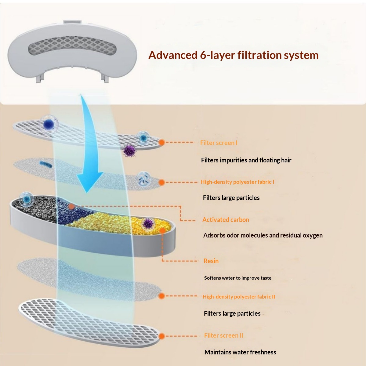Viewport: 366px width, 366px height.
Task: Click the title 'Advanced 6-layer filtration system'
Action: (233, 55)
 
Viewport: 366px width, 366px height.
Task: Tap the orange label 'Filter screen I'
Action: (219, 143)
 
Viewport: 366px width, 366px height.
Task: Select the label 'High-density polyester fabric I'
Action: (237, 182)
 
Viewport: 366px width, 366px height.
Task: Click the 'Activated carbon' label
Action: (226, 220)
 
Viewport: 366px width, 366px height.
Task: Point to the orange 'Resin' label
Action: (211, 261)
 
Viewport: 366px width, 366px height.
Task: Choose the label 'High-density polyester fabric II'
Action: (239, 297)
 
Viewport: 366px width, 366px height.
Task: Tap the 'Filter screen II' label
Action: (223, 335)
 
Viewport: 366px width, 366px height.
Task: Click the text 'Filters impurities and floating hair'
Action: (246, 160)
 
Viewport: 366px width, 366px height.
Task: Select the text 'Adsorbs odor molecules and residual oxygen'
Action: (263, 235)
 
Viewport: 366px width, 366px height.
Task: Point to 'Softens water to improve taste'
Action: (237, 278)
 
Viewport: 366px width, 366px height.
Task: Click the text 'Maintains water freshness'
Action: (240, 352)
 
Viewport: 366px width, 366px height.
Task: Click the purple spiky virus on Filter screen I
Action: (130, 150)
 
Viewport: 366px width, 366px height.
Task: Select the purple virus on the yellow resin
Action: (148, 223)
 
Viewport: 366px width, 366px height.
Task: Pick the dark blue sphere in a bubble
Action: (49, 124)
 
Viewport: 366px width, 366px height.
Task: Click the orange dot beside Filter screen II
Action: (162, 336)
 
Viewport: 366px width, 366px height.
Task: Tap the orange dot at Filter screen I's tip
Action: (162, 142)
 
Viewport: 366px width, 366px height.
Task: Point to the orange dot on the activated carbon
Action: (71, 207)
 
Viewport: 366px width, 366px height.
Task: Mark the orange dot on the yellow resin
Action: (162, 230)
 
